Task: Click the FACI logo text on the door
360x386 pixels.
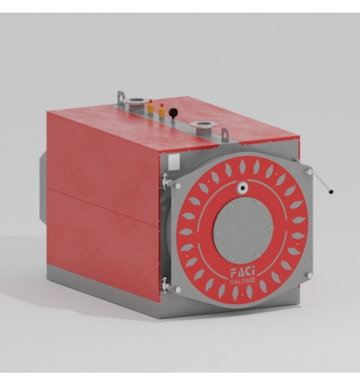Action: tap(243, 273)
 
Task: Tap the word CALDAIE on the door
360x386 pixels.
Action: tap(242, 281)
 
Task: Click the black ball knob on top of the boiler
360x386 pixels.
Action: tap(173, 112)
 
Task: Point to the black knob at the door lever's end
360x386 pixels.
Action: tap(331, 191)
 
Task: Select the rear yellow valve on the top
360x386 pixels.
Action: tap(150, 106)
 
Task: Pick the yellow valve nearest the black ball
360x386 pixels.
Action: tap(162, 111)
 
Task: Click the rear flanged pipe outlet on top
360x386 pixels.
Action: tap(134, 102)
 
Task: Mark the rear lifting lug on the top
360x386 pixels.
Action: tap(121, 98)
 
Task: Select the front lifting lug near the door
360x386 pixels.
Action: tap(225, 135)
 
